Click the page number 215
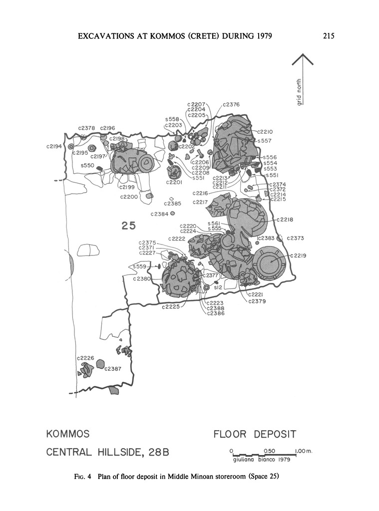click(328, 35)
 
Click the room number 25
click(129, 226)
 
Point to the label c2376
click(231, 105)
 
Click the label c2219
click(298, 256)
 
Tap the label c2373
click(296, 238)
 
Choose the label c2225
click(171, 306)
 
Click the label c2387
click(113, 369)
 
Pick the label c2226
click(85, 358)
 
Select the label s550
click(87, 165)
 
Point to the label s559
click(140, 266)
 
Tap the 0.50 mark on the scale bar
click(269, 451)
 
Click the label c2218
click(284, 220)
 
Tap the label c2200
click(129, 197)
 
